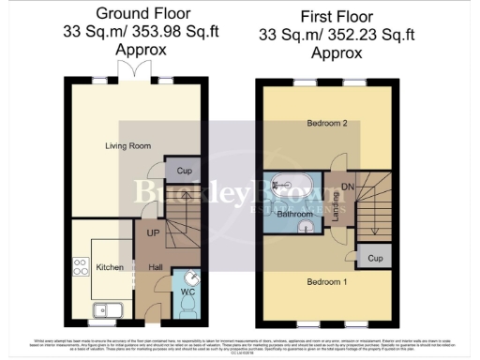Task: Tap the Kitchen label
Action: pos(110,267)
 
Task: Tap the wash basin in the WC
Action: pos(192,277)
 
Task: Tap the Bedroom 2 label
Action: pos(325,124)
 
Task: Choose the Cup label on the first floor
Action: pos(375,258)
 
